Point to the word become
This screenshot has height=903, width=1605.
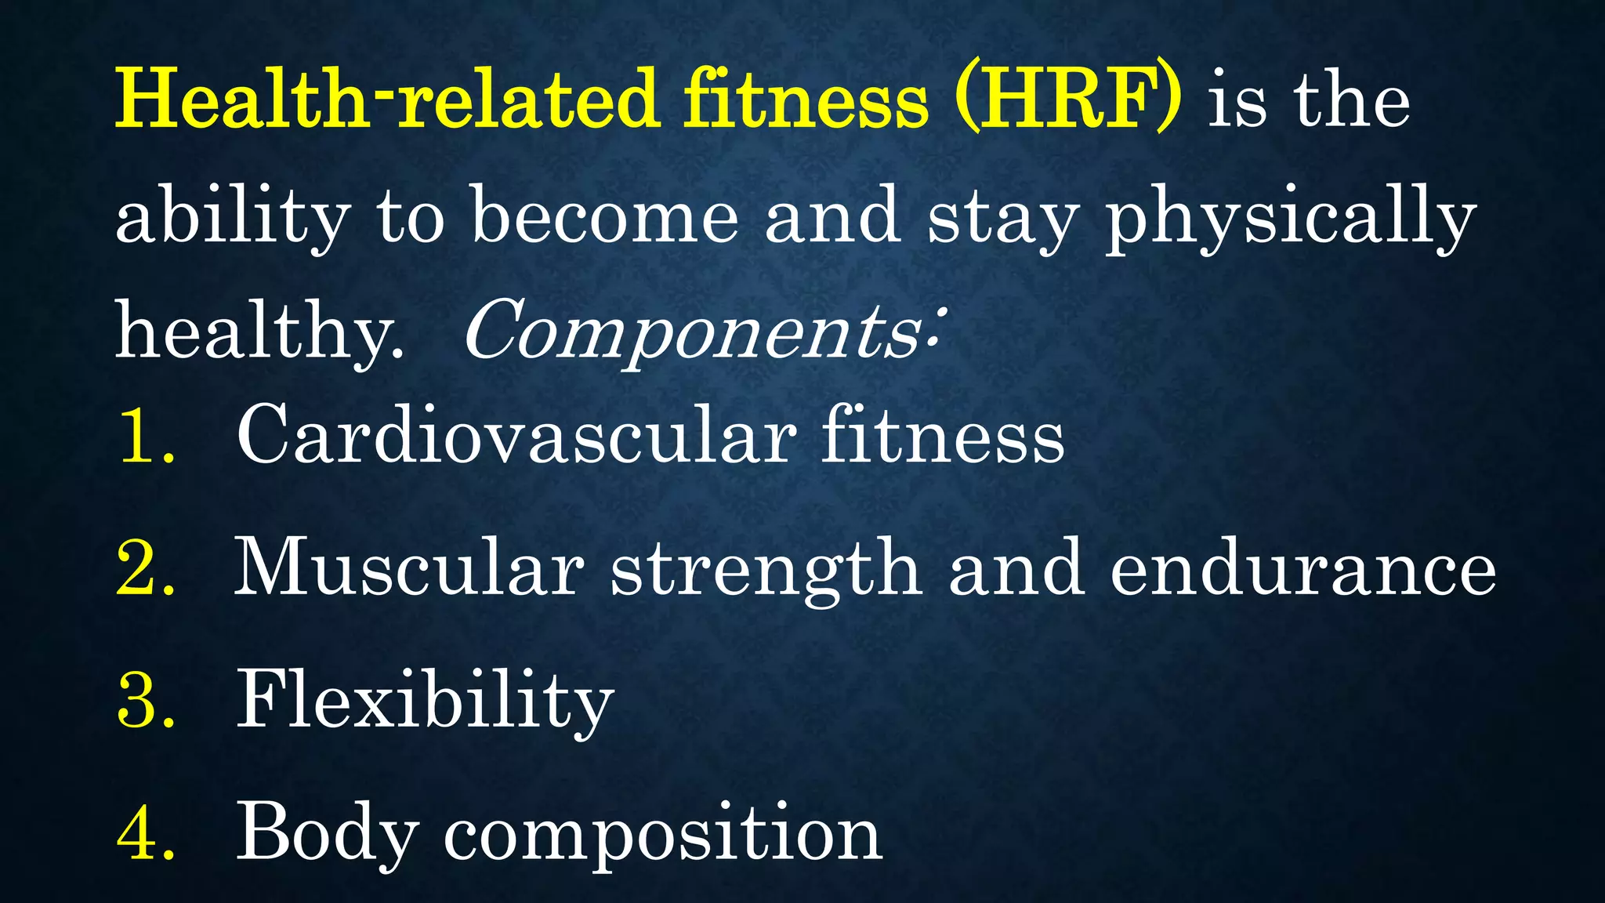pyautogui.click(x=604, y=216)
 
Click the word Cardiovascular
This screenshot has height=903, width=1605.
pyautogui.click(x=516, y=436)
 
